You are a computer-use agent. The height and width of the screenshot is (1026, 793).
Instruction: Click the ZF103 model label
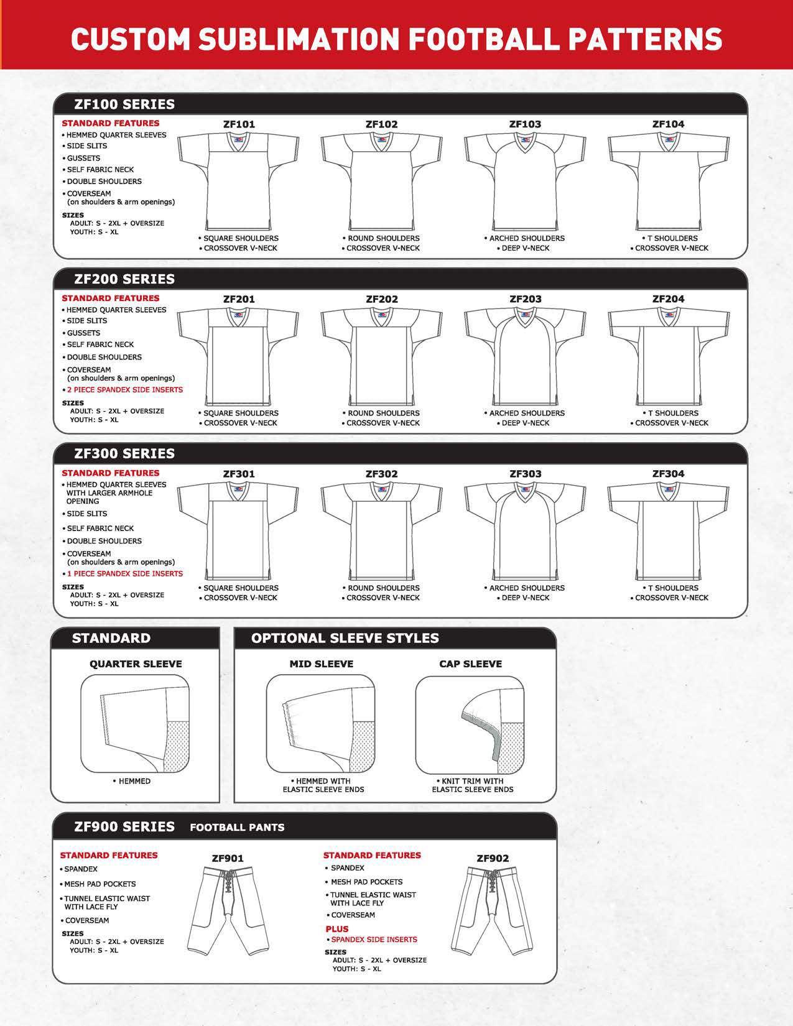[525, 124]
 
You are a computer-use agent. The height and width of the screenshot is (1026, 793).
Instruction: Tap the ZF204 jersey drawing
[669, 358]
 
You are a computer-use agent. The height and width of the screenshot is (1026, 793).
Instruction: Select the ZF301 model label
[239, 474]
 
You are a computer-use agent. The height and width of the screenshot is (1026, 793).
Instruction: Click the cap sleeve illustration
[470, 724]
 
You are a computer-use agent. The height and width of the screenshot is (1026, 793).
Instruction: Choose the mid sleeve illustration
[320, 724]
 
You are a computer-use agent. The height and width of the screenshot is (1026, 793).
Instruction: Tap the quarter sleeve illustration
[134, 724]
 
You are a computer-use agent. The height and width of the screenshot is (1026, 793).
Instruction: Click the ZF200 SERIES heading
[124, 279]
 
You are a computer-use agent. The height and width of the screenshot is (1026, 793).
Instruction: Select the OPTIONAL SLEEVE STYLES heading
[345, 639]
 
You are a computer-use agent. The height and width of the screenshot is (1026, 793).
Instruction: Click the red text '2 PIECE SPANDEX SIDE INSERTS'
[125, 390]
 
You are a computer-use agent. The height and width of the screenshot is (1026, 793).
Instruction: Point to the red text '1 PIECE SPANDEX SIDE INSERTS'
[125, 574]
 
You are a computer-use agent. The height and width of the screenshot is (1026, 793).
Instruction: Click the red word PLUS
[337, 929]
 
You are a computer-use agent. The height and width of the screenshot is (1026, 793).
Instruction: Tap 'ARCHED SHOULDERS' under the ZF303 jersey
[527, 588]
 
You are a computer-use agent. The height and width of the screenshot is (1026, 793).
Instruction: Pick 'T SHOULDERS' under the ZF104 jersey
[672, 238]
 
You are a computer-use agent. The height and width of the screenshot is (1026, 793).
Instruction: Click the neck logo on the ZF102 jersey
[382, 140]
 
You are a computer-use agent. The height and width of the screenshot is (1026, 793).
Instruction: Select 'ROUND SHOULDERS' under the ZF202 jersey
[384, 413]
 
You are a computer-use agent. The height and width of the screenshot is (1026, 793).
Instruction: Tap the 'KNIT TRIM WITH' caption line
[472, 781]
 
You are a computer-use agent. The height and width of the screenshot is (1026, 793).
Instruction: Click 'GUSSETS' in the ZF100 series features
[83, 158]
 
